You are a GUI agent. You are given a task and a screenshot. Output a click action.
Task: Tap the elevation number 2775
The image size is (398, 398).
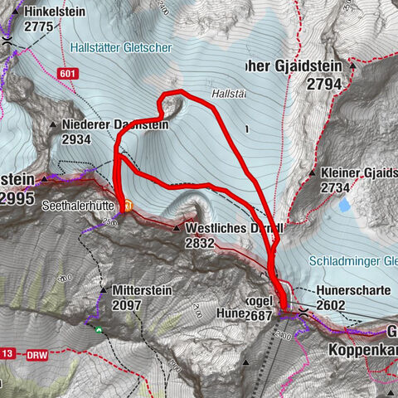tap(41, 27)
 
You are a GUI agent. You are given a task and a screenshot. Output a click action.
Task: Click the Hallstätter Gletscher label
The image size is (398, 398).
tap(121, 48)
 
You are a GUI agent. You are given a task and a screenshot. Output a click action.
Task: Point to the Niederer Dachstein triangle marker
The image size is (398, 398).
tap(53, 125)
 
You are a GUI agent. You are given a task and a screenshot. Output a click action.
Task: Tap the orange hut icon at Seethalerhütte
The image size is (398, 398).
tap(128, 205)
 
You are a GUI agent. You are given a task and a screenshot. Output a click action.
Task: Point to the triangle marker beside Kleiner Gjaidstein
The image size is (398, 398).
tap(312, 174)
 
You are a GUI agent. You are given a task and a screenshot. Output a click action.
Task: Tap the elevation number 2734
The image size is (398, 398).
tap(336, 188)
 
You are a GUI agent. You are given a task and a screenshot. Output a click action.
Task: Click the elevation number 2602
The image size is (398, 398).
tap(332, 305)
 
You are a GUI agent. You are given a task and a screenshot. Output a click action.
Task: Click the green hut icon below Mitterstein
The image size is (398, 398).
tap(99, 329)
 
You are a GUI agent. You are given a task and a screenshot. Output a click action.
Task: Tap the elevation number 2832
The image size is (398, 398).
tap(200, 243)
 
